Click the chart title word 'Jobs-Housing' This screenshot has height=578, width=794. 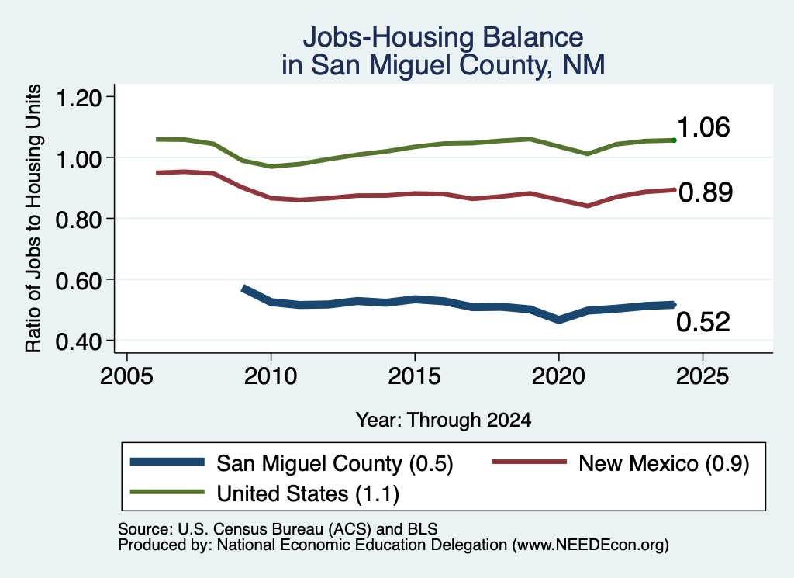(x=388, y=38)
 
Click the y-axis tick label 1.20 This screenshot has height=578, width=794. (x=78, y=98)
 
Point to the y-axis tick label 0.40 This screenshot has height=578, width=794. (x=78, y=341)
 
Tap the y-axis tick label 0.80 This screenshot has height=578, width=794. (x=78, y=220)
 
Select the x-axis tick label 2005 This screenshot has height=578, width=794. (x=127, y=376)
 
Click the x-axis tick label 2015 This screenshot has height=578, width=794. (x=415, y=376)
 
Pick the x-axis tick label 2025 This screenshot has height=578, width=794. (x=703, y=376)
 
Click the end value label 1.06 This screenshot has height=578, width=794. (x=703, y=127)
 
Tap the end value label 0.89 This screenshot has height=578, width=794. (x=706, y=192)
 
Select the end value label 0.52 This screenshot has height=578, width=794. (x=703, y=322)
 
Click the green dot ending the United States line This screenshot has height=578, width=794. (x=674, y=140)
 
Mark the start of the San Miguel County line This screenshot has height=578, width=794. (x=243, y=289)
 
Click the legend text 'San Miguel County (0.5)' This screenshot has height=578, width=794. (x=335, y=463)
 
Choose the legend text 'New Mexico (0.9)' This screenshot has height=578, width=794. (x=664, y=463)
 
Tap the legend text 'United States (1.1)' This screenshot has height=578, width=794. (x=308, y=493)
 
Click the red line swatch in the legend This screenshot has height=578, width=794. (x=529, y=462)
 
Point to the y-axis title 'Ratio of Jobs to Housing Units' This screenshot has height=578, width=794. (x=33, y=218)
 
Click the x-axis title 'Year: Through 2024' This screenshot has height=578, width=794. (x=444, y=420)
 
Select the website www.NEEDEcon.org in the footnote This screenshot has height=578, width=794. (x=590, y=545)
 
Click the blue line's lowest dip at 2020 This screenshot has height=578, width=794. (x=558, y=320)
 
